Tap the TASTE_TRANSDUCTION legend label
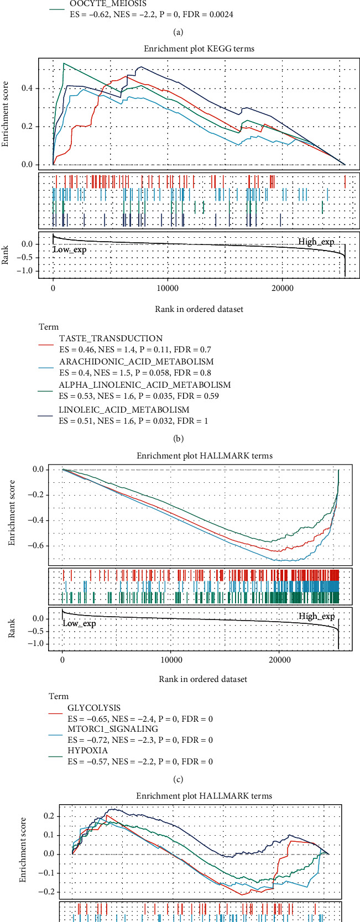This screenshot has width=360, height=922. tap(111, 338)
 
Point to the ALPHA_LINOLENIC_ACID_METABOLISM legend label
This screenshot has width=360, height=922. tap(144, 384)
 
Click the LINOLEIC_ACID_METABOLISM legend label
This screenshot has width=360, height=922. tap(124, 409)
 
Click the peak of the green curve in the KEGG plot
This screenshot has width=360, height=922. tap(65, 64)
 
